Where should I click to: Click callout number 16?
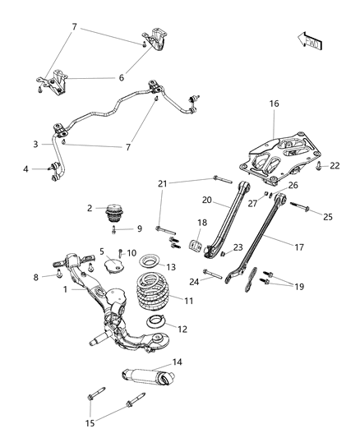pyautogui.click(x=274, y=104)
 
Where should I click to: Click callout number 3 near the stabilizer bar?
pyautogui.click(x=35, y=145)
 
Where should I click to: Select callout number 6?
pyautogui.click(x=121, y=78)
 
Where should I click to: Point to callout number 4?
pyautogui.click(x=25, y=170)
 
